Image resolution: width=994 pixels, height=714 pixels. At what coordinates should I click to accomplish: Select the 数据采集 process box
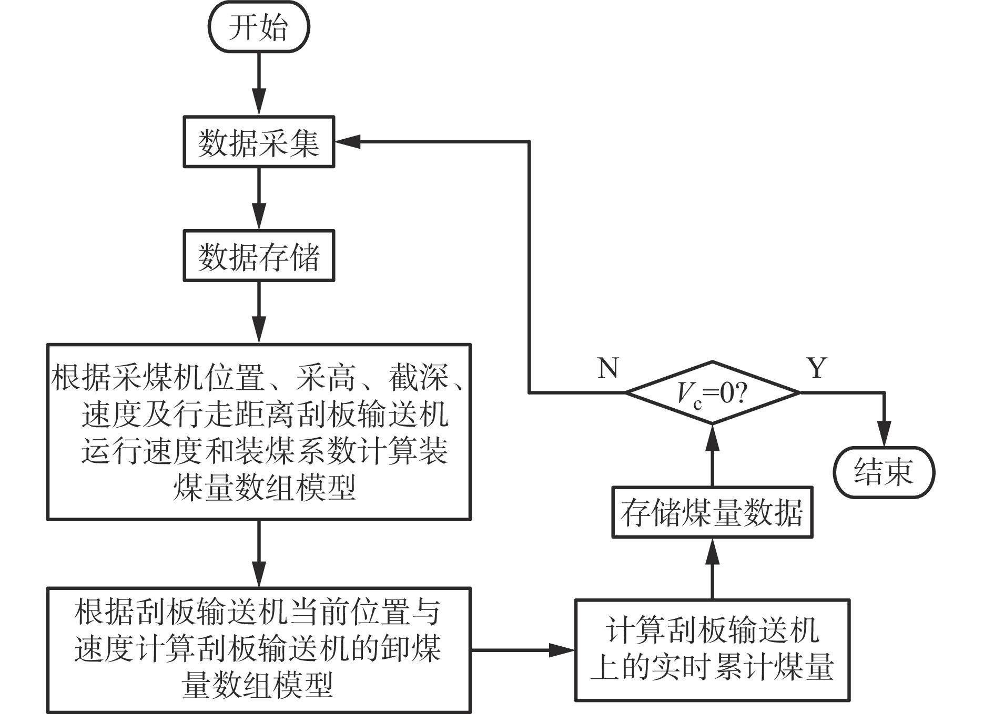(259, 142)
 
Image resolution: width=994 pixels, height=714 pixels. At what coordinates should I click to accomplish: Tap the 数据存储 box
(259, 256)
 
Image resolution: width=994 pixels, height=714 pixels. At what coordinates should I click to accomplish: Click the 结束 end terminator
(884, 472)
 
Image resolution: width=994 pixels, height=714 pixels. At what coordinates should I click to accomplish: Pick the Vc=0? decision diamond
(713, 392)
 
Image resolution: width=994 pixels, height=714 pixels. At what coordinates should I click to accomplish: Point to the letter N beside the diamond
(608, 368)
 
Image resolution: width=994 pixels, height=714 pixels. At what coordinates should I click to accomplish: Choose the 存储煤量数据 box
(712, 512)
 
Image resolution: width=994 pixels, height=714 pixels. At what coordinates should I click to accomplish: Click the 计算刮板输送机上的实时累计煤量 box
(712, 650)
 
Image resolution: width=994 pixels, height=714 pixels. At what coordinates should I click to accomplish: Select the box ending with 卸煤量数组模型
(259, 650)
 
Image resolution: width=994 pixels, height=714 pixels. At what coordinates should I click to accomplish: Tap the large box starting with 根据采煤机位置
(259, 432)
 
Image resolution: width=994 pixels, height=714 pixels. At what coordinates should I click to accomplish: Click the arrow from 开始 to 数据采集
(259, 84)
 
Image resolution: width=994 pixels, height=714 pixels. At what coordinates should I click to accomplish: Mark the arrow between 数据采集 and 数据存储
(259, 199)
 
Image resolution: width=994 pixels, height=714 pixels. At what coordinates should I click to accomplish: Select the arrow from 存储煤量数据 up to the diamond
(712, 455)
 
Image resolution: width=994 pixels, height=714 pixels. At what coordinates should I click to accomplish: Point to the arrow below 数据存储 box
(259, 313)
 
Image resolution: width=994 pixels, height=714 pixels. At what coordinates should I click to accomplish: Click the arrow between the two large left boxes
(259, 554)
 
